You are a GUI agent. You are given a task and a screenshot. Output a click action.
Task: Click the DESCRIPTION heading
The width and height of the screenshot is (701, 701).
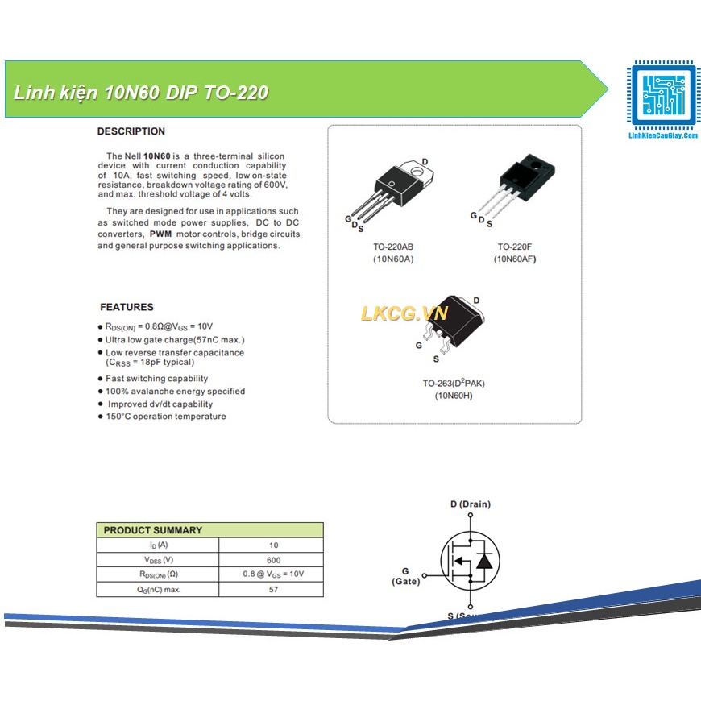point(131,131)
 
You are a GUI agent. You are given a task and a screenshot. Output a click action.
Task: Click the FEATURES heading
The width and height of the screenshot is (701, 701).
point(127,307)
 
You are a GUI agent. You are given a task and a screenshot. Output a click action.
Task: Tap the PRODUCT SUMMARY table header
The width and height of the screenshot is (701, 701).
point(153,530)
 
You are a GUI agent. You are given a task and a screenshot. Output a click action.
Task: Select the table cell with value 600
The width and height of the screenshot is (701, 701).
point(274,560)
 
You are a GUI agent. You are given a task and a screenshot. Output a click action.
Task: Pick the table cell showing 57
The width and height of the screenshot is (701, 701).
point(274,590)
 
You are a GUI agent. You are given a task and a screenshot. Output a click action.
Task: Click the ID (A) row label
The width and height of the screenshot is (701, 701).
point(158,545)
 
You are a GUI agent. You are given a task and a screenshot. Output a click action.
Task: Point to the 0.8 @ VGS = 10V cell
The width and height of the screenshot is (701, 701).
point(274,574)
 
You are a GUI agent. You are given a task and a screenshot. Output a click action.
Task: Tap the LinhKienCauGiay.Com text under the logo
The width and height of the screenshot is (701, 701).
point(662,138)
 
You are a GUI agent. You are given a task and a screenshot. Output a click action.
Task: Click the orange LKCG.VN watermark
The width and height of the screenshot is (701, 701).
point(404,313)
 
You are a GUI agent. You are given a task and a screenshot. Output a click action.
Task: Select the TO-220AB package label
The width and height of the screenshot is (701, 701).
point(393,247)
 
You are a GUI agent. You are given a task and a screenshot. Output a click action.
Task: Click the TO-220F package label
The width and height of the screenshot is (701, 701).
point(515,247)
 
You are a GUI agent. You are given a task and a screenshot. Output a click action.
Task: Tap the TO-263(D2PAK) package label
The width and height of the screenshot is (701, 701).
point(454,383)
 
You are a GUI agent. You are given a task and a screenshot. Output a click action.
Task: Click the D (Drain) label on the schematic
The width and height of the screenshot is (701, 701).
point(470,504)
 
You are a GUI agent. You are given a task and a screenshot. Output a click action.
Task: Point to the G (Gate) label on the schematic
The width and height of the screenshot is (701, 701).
point(405,576)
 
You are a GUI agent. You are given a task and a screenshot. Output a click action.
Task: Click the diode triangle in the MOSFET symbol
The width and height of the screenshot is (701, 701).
point(484,561)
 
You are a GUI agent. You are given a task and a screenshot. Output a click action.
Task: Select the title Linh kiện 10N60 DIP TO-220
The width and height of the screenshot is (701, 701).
point(141,93)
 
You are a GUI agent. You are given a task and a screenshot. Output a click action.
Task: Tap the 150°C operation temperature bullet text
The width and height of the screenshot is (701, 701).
point(166,417)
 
